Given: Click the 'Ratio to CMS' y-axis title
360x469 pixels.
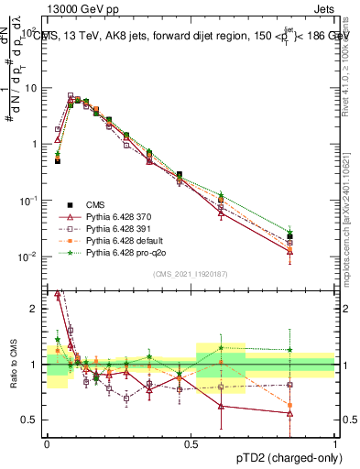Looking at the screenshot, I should point(12,365).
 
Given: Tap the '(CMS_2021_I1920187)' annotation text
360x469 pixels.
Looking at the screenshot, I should point(191,273).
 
